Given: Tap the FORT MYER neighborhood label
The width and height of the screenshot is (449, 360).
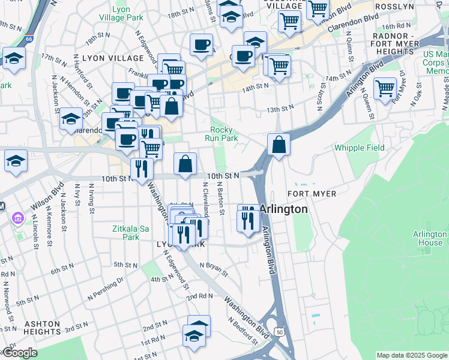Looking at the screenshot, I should tap(312, 194).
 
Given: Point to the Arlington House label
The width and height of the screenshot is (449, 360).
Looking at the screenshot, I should tap(429, 238).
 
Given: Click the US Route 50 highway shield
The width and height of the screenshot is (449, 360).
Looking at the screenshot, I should tap(279, 331).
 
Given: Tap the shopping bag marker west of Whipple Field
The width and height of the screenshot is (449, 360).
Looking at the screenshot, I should tap(279, 145).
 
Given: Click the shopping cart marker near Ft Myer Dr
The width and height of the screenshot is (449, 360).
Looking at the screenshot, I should tap(385, 88).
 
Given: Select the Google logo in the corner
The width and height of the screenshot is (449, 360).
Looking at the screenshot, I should tap(20, 353).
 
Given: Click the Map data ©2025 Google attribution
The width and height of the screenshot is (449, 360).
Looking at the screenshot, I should tap(411, 355).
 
